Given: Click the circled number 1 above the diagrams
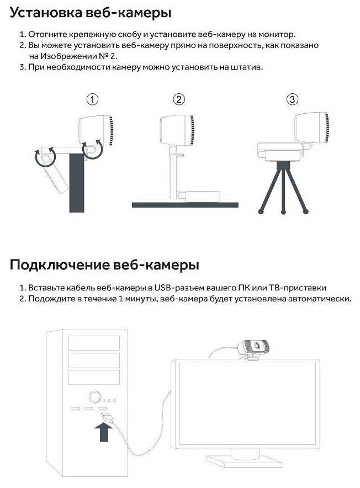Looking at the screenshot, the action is pos(92,99).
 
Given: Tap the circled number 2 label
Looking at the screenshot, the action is pos(179,99).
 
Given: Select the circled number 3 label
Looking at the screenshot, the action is pos(292,99).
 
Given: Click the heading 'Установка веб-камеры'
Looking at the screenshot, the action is pos(91,13).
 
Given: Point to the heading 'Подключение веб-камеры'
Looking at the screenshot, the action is pos(104,265).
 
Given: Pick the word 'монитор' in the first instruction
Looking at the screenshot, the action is pos(276,34).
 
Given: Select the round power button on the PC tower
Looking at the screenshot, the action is pos(94,397).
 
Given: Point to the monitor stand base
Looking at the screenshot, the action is pos(245,460).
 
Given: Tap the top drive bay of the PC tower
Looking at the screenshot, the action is pos(94,343).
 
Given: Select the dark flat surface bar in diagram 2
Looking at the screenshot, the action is pos(185,205).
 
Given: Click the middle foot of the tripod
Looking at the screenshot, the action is pos(283,212).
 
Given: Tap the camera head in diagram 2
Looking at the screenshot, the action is pos(177,130).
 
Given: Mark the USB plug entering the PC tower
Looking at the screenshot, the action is pos(107,417).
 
